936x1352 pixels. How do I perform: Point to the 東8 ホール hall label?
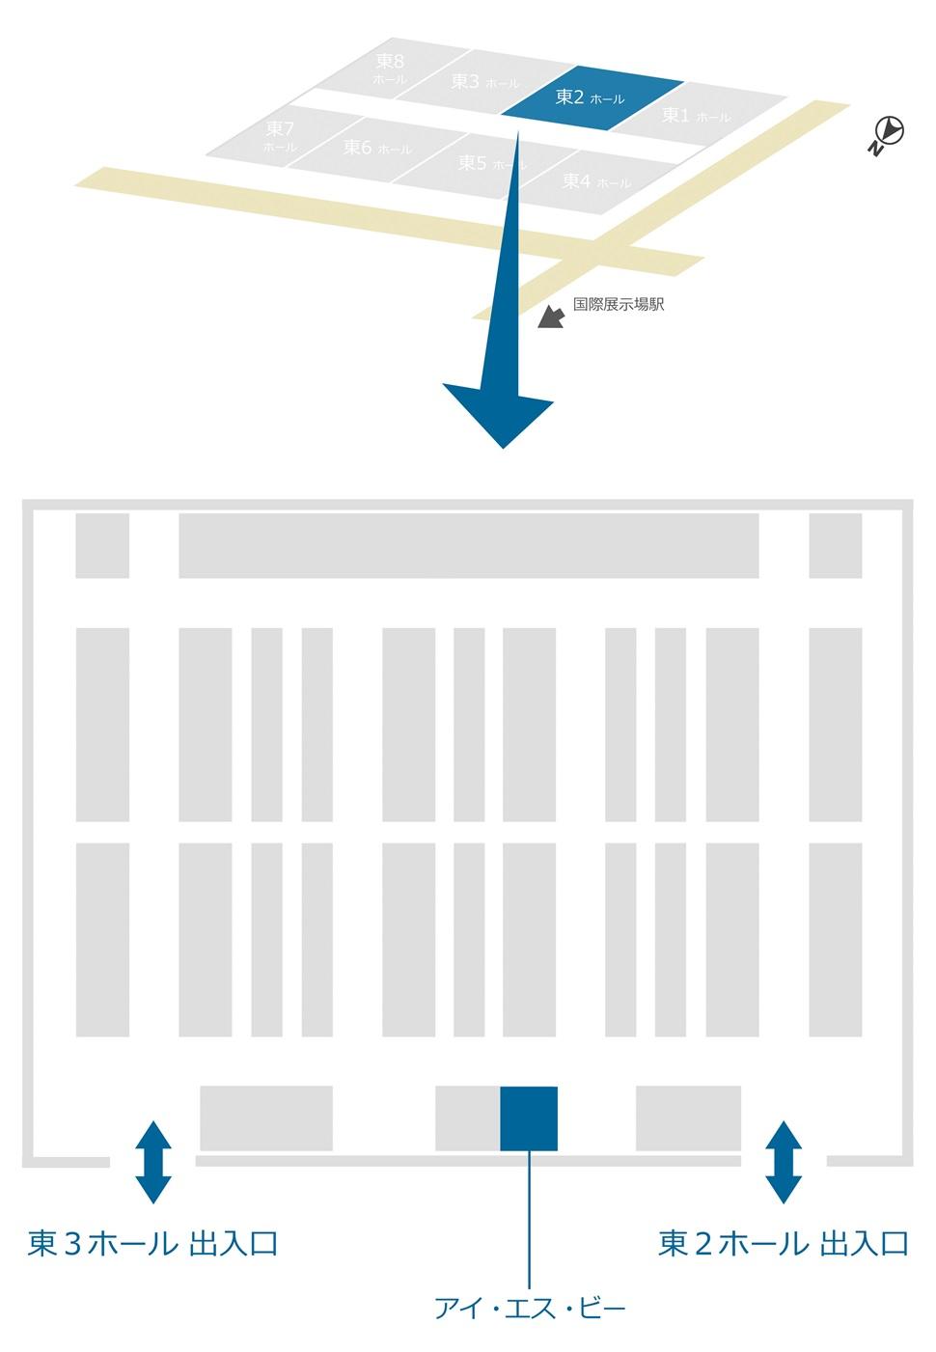[x=390, y=69]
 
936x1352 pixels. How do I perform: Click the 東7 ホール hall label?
[x=280, y=136]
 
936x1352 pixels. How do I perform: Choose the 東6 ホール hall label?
[x=376, y=148]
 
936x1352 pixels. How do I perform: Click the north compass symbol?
[x=887, y=133]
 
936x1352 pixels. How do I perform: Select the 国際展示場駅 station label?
[x=619, y=304]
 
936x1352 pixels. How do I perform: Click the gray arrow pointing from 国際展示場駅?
[x=550, y=317]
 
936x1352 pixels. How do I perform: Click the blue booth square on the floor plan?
[x=529, y=1118]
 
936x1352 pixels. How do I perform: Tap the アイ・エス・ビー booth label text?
[x=530, y=1309]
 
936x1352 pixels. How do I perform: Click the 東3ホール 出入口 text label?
[x=153, y=1243]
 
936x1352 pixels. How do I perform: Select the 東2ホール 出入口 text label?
[x=784, y=1243]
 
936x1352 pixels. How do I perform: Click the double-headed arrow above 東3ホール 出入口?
[x=153, y=1161]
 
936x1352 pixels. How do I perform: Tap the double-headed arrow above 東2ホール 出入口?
[x=784, y=1161]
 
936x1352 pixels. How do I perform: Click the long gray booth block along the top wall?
[x=468, y=545]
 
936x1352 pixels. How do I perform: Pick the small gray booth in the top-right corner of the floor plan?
[x=835, y=545]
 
